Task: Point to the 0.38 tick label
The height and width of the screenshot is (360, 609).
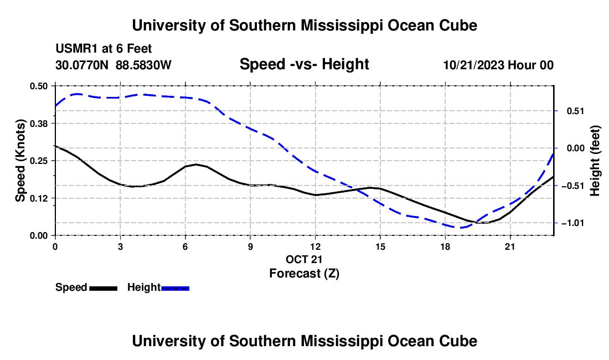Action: pyautogui.click(x=39, y=124)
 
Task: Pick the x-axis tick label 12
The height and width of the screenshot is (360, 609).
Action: pyautogui.click(x=316, y=246)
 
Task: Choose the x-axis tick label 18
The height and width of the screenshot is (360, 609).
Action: pyautogui.click(x=445, y=246)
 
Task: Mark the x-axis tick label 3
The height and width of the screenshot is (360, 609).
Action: pyautogui.click(x=120, y=246)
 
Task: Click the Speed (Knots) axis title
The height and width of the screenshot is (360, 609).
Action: pyautogui.click(x=20, y=161)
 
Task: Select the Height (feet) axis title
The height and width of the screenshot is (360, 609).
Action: pyautogui.click(x=595, y=161)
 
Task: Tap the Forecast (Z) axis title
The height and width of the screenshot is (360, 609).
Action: pyautogui.click(x=304, y=274)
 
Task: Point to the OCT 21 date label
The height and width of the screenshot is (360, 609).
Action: pyautogui.click(x=304, y=259)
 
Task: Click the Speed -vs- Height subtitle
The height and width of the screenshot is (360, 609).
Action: pyautogui.click(x=304, y=64)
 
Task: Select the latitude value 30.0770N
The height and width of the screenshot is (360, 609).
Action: pyautogui.click(x=82, y=65)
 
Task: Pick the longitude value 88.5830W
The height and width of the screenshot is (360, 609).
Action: pyautogui.click(x=144, y=65)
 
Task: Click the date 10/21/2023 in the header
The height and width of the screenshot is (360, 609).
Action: pyautogui.click(x=474, y=65)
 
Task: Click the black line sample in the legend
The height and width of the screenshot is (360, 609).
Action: pyautogui.click(x=104, y=289)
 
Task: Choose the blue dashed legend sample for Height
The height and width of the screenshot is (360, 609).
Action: pyautogui.click(x=175, y=289)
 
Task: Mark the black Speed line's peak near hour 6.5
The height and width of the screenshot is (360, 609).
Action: pyautogui.click(x=196, y=164)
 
